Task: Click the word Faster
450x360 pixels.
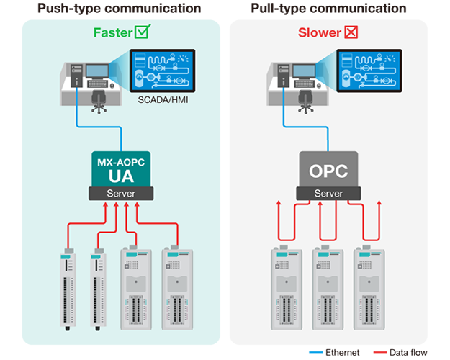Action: pos(114,32)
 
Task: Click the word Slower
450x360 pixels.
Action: pos(319,32)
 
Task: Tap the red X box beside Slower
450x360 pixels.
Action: pos(352,32)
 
